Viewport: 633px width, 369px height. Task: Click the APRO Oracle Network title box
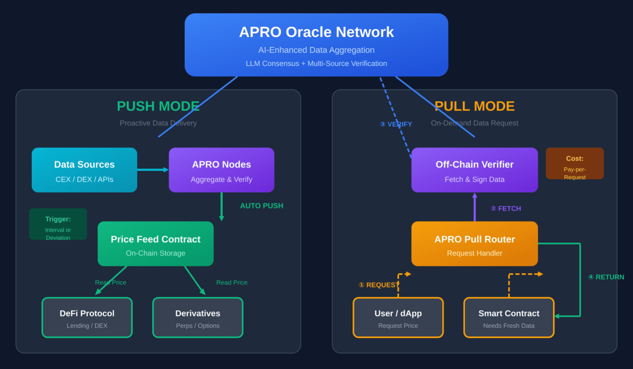coord(316,45)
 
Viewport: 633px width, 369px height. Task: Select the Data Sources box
coord(85,170)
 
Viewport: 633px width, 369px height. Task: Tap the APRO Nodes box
coord(221,170)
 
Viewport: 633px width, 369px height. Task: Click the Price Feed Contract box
coord(155,243)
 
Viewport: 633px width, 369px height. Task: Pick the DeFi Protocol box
coord(87,317)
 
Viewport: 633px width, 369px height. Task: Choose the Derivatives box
coord(198,317)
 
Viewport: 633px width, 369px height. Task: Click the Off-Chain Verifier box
coord(475,170)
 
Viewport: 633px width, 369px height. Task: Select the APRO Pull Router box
coord(475,243)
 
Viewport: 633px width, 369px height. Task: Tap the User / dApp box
coord(398,317)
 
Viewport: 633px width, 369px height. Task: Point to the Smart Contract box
coord(509,317)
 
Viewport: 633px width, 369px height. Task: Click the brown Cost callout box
coord(575,163)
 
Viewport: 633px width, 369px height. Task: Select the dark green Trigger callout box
coord(58,224)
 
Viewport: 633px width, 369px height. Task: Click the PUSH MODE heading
coord(158,106)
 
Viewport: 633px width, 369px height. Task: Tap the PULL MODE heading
coord(475,106)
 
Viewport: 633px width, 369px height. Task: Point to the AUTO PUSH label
coord(262,206)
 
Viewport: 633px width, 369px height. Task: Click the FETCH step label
coord(506,208)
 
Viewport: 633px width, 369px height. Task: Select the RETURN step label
coord(606,277)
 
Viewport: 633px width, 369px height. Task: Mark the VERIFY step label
coord(396,124)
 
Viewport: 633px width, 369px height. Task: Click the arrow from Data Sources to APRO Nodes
coord(153,169)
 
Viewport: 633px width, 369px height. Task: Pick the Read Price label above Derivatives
coord(232,282)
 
